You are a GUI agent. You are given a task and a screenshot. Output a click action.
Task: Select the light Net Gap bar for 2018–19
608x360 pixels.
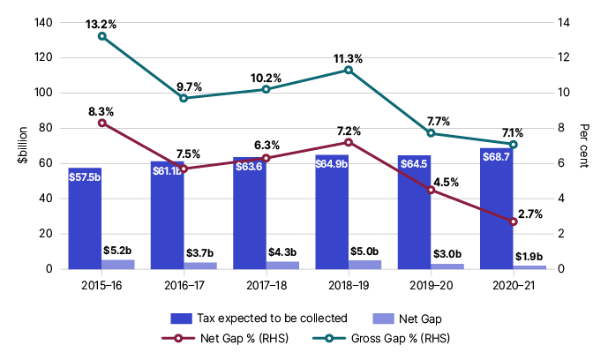coord(364,265)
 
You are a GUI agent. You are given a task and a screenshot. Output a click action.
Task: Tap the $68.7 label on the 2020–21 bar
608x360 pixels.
coord(496,155)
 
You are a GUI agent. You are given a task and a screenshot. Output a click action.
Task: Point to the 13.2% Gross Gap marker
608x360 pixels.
coord(102,36)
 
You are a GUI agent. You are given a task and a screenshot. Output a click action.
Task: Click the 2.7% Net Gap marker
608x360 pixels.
coord(514,221)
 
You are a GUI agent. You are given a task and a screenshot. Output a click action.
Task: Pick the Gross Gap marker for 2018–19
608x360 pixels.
coord(349,70)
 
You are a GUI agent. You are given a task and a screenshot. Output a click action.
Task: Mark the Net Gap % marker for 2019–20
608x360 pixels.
coord(431,190)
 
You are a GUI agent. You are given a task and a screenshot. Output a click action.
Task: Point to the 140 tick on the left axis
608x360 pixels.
coord(40,22)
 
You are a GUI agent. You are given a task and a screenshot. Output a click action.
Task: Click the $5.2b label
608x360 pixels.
coord(118,251)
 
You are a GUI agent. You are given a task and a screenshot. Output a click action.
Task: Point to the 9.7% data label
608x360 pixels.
coord(189,86)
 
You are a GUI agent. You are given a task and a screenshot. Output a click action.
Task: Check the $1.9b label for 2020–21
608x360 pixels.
coord(529,257)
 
